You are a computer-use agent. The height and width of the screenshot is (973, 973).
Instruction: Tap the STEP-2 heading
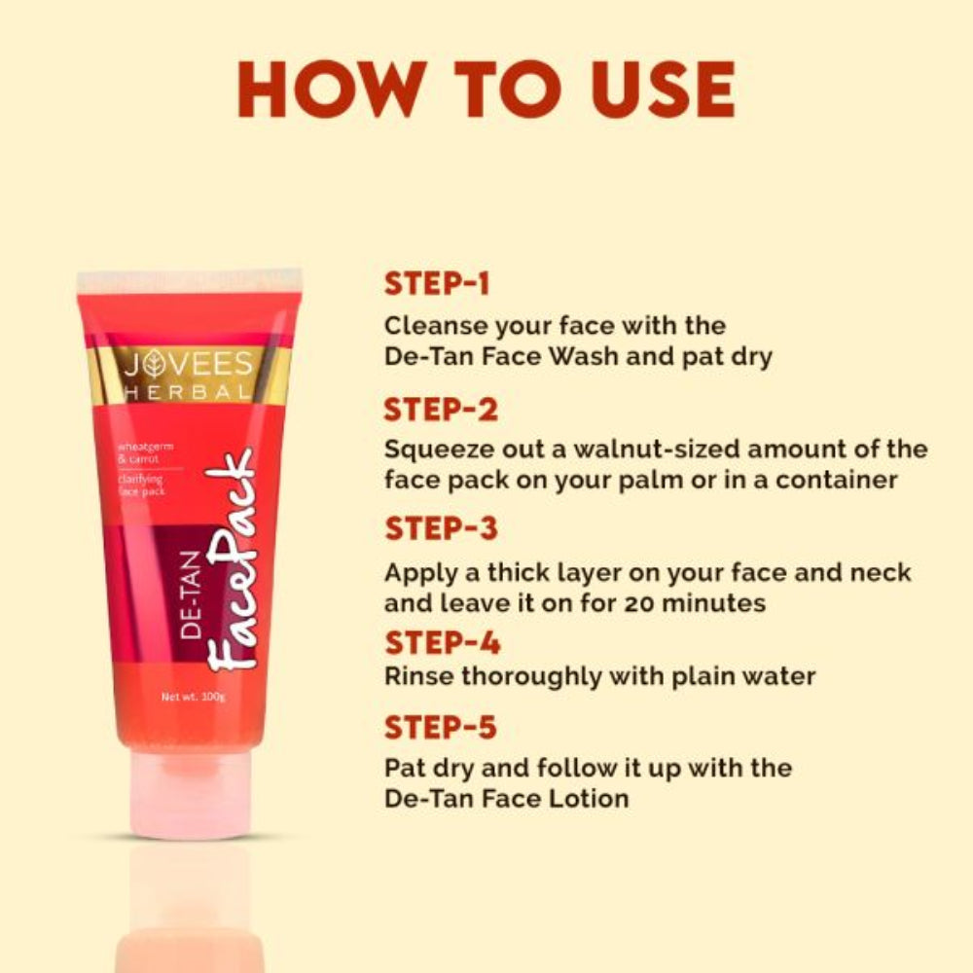441,410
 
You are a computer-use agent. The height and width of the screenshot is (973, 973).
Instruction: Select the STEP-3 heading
441,529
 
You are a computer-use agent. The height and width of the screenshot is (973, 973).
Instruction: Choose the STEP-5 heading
441,728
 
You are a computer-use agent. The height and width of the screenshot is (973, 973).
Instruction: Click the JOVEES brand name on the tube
187,367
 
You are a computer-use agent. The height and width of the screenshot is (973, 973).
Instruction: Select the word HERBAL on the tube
187,393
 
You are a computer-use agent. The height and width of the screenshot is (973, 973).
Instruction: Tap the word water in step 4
775,675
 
